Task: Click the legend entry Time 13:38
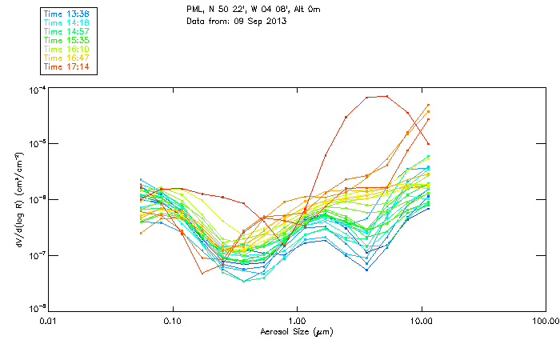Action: (66, 14)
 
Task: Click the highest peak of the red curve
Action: (387, 96)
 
